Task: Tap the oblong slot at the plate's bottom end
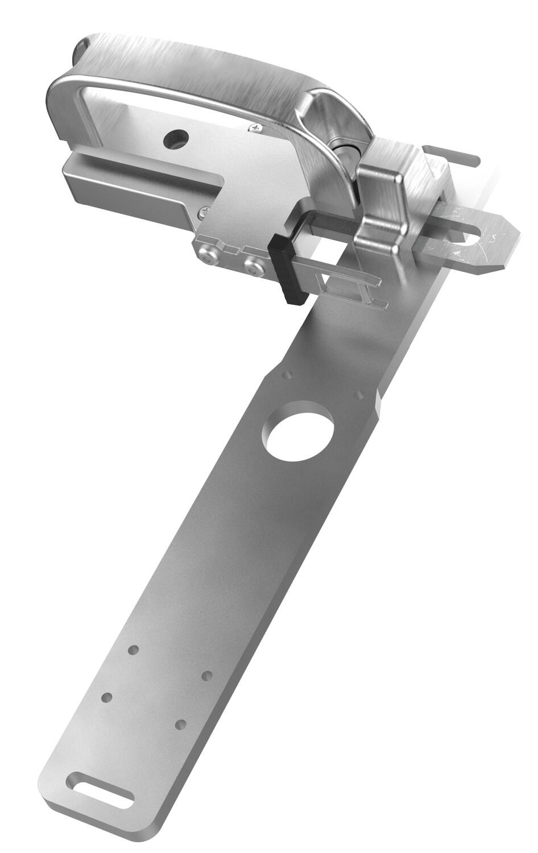100,789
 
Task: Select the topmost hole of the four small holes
134,649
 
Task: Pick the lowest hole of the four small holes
181,724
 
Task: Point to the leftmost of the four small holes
106,697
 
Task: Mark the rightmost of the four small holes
208,676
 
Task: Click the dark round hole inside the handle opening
176,138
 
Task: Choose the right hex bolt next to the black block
254,265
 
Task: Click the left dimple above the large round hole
288,375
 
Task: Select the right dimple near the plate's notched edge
358,394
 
